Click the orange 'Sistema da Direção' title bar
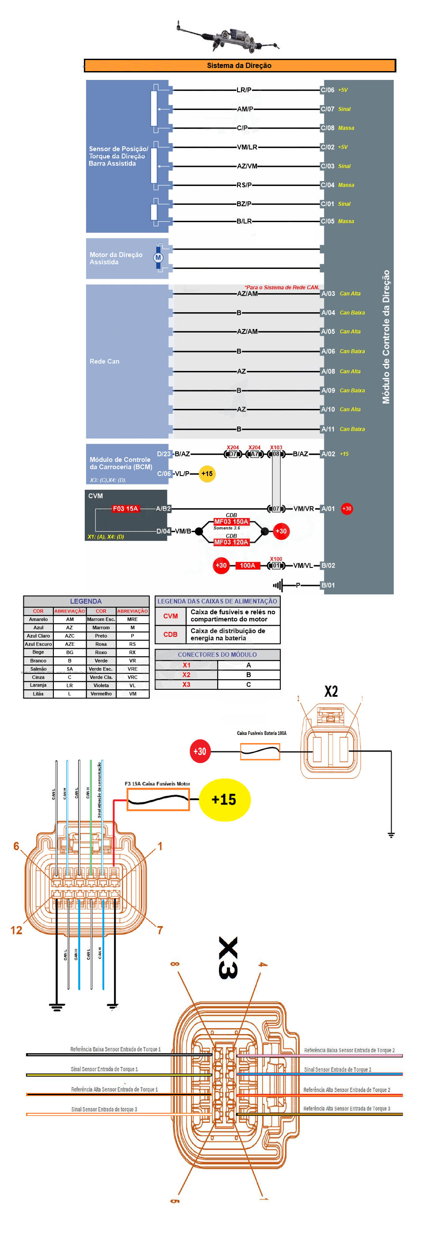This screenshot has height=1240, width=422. click(239, 65)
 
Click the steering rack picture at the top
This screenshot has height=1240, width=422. click(227, 38)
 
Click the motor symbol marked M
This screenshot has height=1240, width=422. click(158, 257)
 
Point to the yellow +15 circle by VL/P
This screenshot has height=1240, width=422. click(207, 474)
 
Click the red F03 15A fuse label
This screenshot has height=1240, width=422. click(125, 508)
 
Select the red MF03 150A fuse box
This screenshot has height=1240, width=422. click(231, 522)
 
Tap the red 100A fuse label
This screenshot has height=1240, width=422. click(247, 566)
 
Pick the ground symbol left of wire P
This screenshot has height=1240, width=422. click(278, 586)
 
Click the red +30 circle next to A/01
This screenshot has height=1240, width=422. click(347, 508)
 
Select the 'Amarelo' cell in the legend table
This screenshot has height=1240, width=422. click(38, 620)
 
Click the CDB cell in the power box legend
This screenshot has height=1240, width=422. click(170, 635)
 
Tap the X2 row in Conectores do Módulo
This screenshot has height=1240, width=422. click(186, 675)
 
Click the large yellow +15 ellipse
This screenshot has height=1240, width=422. click(224, 800)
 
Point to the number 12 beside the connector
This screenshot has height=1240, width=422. click(16, 930)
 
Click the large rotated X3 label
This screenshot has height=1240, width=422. click(228, 957)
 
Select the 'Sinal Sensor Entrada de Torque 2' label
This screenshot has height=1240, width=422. click(337, 1070)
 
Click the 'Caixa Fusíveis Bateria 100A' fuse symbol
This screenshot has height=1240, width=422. click(260, 751)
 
